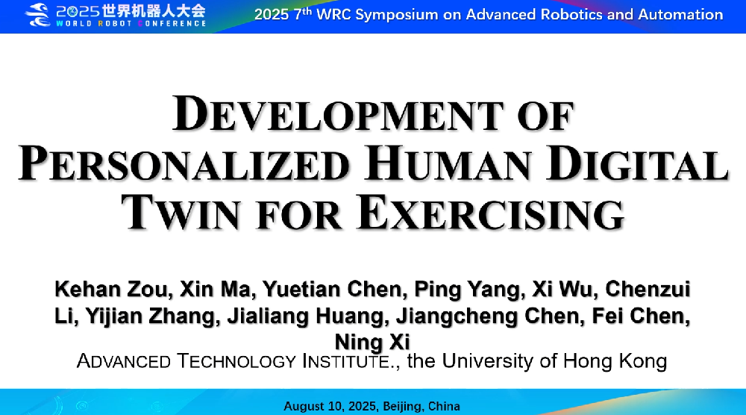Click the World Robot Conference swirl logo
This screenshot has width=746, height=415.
click(x=37, y=15)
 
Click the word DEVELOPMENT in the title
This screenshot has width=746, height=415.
click(x=338, y=113)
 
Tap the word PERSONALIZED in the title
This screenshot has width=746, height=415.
click(x=184, y=163)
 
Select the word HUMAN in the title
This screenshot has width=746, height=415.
click(x=448, y=163)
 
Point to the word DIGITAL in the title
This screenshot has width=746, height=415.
click(x=637, y=163)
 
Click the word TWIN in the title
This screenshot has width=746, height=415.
click(x=181, y=213)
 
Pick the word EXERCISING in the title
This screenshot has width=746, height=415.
click(x=491, y=213)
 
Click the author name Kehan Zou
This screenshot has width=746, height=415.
click(x=111, y=289)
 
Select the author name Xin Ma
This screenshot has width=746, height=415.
click(x=215, y=289)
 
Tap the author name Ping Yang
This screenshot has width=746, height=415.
click(x=467, y=290)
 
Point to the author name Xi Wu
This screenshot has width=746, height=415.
click(x=562, y=289)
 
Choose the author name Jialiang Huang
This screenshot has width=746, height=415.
click(x=305, y=316)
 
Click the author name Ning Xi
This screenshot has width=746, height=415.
click(x=372, y=342)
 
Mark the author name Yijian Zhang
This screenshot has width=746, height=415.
click(x=151, y=316)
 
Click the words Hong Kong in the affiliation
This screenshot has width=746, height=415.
click(x=615, y=361)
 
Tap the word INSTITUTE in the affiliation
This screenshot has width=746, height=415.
click(x=348, y=361)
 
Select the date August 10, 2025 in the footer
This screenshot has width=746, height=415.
click(x=330, y=407)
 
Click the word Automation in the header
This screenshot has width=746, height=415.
click(x=680, y=14)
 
